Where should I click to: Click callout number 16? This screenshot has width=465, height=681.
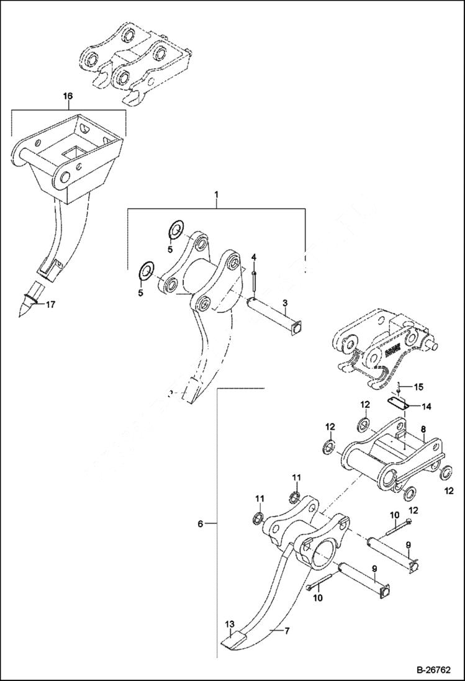(68, 96)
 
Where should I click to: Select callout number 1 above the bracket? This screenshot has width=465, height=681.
(216, 196)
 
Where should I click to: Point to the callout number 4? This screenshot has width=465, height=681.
(253, 257)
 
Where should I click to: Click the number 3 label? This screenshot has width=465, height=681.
(285, 302)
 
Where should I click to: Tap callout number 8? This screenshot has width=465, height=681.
(423, 428)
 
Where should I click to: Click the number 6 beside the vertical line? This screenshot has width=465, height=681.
(201, 525)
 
